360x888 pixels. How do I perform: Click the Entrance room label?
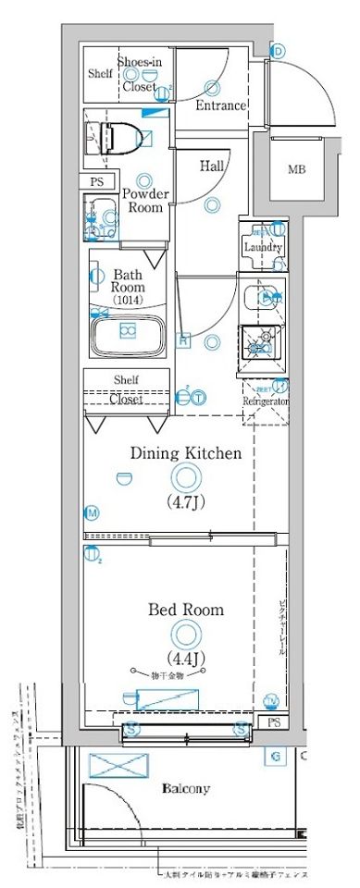(220, 105)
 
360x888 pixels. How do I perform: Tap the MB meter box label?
(296, 169)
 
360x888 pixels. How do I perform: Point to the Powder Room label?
(145, 201)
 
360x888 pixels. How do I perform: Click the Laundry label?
(262, 247)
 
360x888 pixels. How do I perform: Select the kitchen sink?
(261, 297)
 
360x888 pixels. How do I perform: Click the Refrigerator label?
(267, 402)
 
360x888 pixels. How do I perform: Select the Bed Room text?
(185, 610)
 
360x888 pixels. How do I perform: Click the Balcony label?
(186, 789)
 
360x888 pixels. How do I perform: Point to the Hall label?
(212, 167)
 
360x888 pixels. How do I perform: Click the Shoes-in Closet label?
(140, 73)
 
